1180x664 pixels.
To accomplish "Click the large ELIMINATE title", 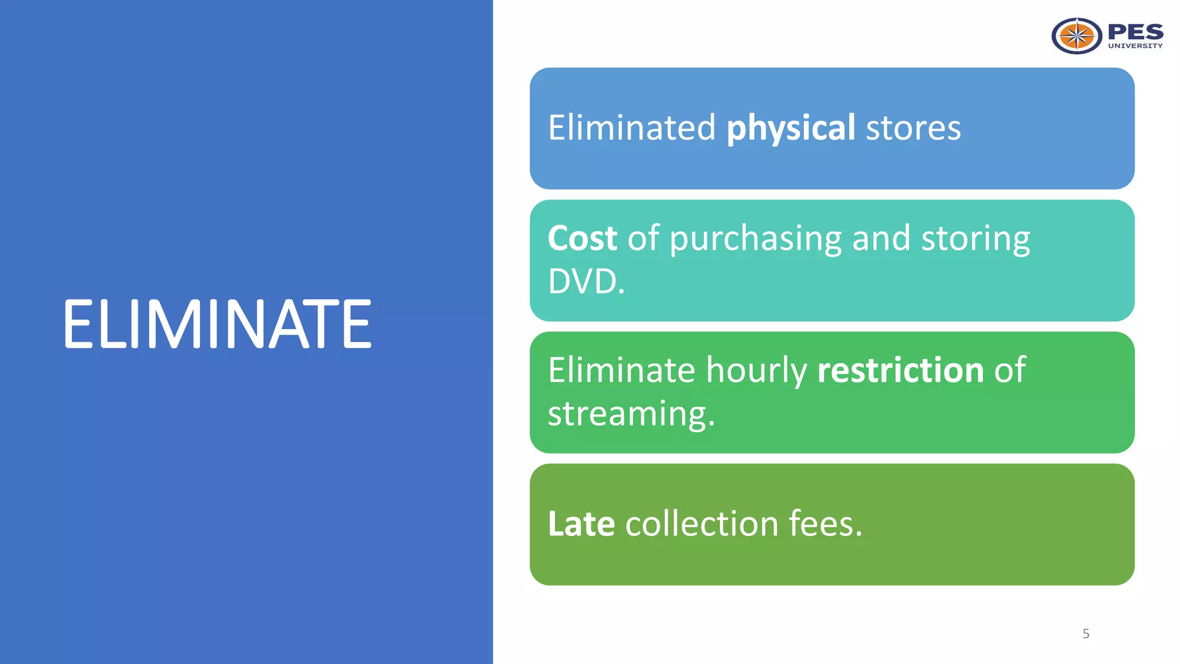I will pos(217,324).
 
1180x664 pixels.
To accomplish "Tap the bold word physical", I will pos(791,128).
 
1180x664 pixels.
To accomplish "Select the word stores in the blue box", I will pos(913,128).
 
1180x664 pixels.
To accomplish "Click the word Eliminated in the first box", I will pos(631,128).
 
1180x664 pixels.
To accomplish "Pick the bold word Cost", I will pos(582,238).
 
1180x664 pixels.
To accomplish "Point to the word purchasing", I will pos(755,239).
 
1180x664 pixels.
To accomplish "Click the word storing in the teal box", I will pos(975,239).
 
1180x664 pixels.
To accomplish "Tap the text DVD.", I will pos(586,282).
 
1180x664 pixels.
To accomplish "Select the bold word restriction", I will pos(901,370).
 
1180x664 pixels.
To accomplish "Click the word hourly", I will pos(757,371).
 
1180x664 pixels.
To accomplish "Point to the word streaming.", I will pos(631,414).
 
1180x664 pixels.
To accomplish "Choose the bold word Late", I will pos(581,524).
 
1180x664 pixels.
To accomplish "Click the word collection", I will pos(702,524).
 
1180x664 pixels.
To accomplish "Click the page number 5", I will pos(1086,634).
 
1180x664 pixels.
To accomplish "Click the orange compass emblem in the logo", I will pos(1076,36).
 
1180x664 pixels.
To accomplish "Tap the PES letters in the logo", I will pos(1135,32).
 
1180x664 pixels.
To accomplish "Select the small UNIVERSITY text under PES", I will pos(1135,46).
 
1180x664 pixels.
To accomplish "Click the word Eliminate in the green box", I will pos(621,370).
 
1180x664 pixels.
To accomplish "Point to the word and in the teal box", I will pos(881,238).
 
